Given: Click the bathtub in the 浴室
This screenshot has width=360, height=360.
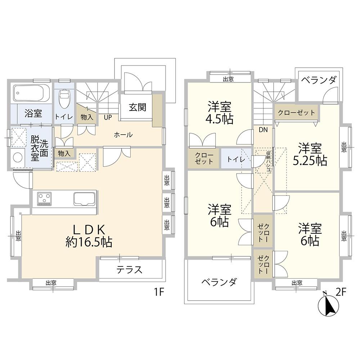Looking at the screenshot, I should pos(31,94).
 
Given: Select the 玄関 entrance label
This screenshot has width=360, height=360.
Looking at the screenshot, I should pos(138,107).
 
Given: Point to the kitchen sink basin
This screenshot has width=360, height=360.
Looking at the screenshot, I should pos(85,199).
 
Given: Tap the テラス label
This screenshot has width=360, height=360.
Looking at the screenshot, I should pos(130,270).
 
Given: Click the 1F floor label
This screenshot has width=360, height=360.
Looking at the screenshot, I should pos(158,292).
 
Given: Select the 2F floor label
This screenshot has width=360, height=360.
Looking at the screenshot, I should pos(341,292).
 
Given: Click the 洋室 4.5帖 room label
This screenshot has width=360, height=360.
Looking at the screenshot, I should pos(219,113).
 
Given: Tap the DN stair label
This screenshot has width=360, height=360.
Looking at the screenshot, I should pos(263,130).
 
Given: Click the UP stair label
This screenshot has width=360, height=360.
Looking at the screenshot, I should pos(108,117).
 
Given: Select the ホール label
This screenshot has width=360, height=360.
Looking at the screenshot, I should pos(123,135).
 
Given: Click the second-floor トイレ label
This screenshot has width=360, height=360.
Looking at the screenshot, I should pos(235,159).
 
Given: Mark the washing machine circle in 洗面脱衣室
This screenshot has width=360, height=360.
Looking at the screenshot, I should pos(17,157).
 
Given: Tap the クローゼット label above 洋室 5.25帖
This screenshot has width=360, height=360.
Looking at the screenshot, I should pos(296,113).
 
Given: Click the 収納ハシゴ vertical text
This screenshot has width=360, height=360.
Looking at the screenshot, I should pos(268,161).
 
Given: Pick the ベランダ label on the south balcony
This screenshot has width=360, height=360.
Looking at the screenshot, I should pos(219,282).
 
